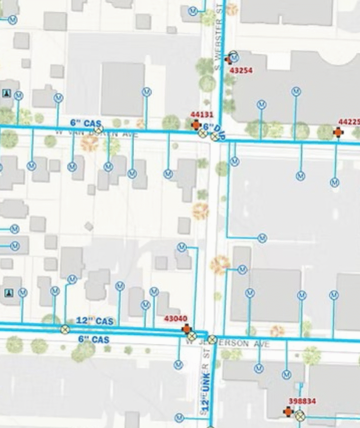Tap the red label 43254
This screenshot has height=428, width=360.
pyautogui.click(x=241, y=70)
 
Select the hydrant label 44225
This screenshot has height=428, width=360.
pyautogui.click(x=349, y=122)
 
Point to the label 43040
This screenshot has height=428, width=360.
pyautogui.click(x=175, y=319)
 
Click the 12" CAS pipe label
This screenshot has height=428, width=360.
pyautogui.click(x=94, y=321)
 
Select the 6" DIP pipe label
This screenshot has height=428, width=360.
pyautogui.click(x=213, y=128)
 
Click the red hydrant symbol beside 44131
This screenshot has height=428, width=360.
pyautogui.click(x=196, y=125)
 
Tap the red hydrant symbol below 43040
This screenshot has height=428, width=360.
pyautogui.click(x=186, y=329)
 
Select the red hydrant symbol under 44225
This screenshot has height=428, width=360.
pyautogui.click(x=337, y=132)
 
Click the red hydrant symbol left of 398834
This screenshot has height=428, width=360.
pyautogui.click(x=288, y=411)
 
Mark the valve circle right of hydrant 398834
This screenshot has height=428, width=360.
pyautogui.click(x=300, y=415)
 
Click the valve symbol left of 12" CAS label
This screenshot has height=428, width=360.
pyautogui.click(x=65, y=329)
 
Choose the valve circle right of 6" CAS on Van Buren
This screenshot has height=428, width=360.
pyautogui.click(x=99, y=129)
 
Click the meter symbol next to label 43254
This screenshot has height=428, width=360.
pyautogui.click(x=234, y=57)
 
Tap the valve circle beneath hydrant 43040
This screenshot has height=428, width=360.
pyautogui.click(x=192, y=336)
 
